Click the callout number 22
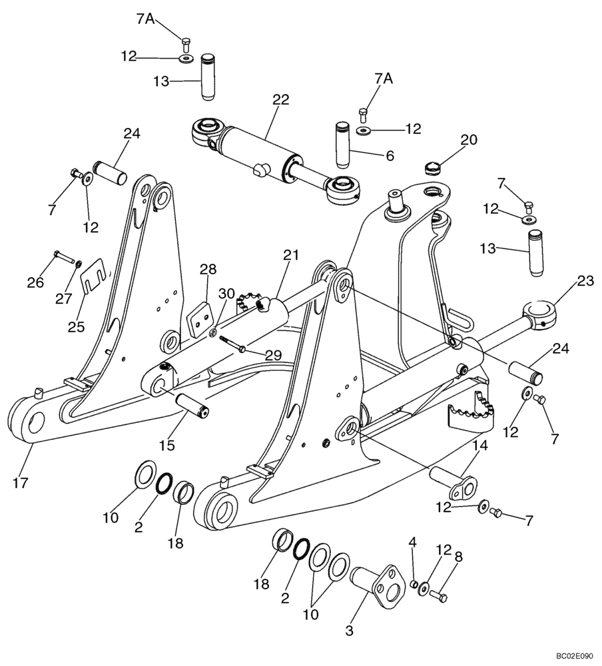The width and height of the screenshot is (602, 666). pyautogui.click(x=281, y=100)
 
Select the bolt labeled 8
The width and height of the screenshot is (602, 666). pyautogui.click(x=438, y=594)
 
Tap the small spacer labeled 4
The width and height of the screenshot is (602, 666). pyautogui.click(x=414, y=584)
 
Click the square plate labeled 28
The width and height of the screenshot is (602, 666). pyautogui.click(x=198, y=319)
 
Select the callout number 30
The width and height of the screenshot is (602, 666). pyautogui.click(x=226, y=294)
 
